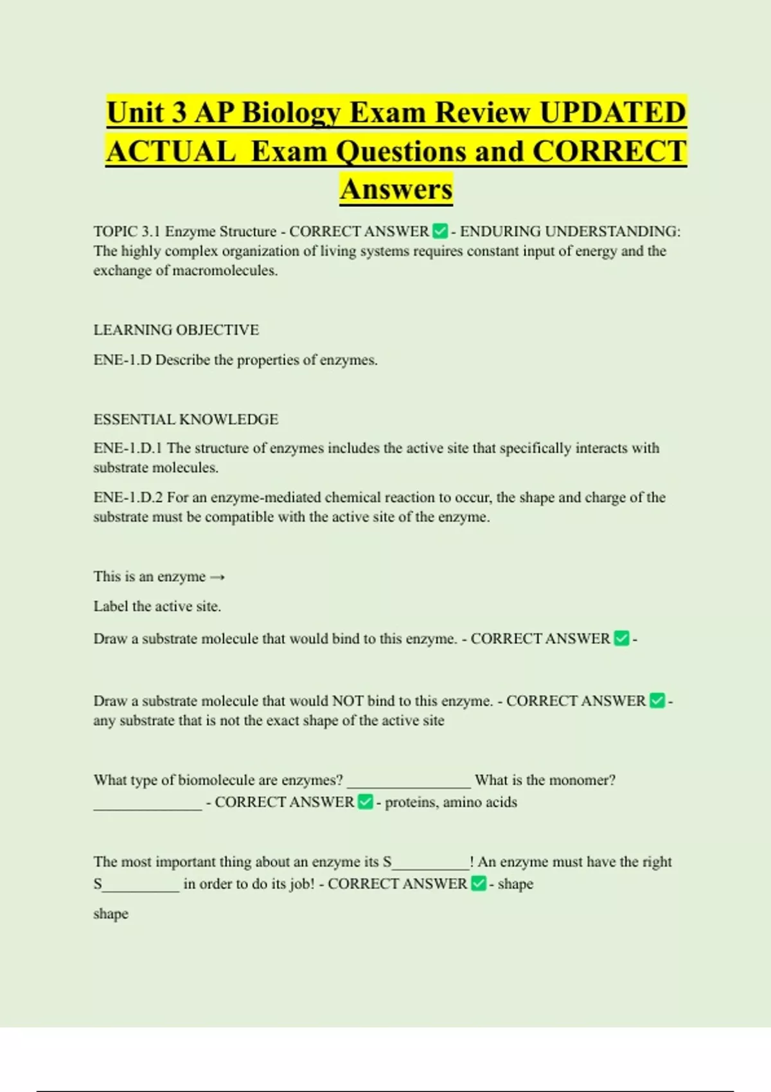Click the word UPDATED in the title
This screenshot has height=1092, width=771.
coord(612,112)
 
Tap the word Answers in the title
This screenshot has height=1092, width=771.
coord(396,189)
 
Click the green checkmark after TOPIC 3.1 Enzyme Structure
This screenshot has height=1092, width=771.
coord(440,231)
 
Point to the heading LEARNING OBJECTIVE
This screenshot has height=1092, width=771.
coord(176,330)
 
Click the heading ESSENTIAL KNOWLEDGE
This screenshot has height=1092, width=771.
coord(186,419)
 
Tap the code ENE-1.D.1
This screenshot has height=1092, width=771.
coord(128,448)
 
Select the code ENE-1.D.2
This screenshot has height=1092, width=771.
coord(128,497)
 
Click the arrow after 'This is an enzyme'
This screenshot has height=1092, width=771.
coord(217,577)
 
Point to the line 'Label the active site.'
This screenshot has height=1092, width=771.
coord(157,606)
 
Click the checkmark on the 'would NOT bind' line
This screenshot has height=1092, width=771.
coord(657,700)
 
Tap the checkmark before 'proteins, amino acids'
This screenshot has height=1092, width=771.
coord(365,802)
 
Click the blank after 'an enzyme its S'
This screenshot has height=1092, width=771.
coord(430,865)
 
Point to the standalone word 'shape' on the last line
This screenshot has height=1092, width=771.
coord(111,913)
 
